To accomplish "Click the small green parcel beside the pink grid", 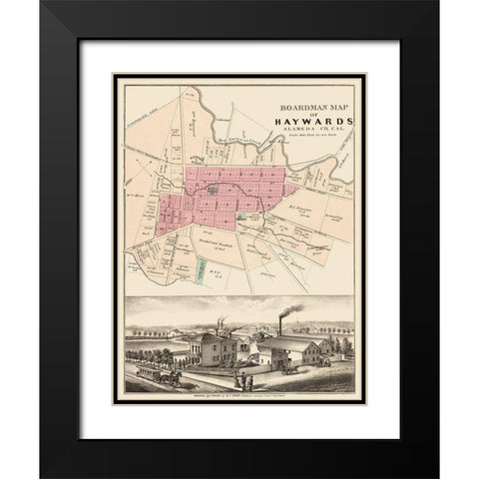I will [244, 216].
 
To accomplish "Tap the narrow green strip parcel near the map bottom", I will [200, 270].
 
